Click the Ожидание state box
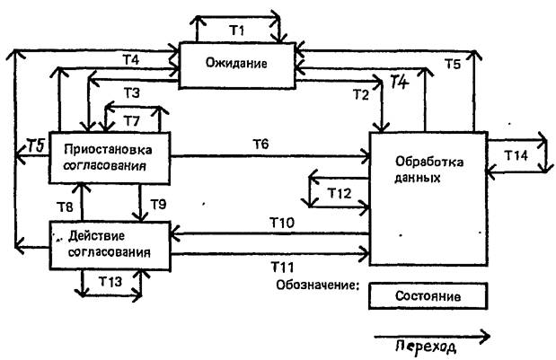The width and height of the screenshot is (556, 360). pos(236,65)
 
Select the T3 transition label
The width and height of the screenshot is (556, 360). pos(132,92)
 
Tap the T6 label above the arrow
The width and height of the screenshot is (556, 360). pos(260,145)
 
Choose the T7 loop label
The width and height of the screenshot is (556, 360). pos(132,120)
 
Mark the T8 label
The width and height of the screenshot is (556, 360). pos(64,207)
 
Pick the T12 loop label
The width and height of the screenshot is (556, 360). pos(338,192)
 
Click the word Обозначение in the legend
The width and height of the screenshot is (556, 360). pos(318,287)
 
